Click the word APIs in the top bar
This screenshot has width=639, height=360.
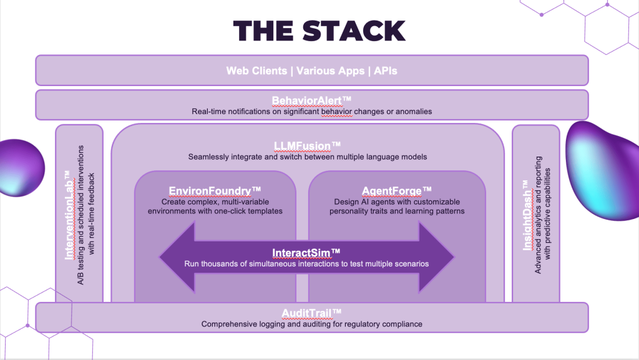tap(385, 71)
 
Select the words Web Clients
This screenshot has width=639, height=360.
tap(255, 71)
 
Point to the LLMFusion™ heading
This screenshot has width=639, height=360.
tap(307, 146)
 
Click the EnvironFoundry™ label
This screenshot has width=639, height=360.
tap(215, 190)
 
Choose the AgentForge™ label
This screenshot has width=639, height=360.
tap(397, 190)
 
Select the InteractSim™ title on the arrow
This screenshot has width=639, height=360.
tap(306, 252)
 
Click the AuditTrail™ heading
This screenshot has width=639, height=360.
tap(311, 313)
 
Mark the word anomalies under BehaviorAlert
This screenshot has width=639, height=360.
tap(412, 111)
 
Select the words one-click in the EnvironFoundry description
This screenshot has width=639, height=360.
tap(238, 211)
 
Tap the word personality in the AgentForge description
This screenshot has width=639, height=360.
tap(354, 211)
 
